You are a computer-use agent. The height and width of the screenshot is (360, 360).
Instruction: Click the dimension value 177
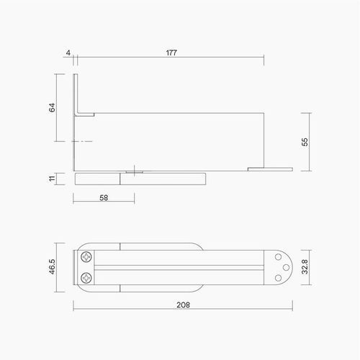pyautogui.click(x=171, y=53)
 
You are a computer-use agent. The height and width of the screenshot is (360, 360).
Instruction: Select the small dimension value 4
pyautogui.click(x=67, y=53)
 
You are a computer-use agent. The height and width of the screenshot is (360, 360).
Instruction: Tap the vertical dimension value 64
pyautogui.click(x=52, y=108)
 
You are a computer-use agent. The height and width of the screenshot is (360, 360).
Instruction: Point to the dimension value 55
pyautogui.click(x=305, y=142)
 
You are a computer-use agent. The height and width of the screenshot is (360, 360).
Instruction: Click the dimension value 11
pyautogui.click(x=52, y=178)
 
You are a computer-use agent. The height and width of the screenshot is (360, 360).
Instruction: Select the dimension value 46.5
pyautogui.click(x=52, y=268)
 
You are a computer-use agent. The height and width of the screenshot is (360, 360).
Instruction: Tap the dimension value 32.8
pyautogui.click(x=305, y=268)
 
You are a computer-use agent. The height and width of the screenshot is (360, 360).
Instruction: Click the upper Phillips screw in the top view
pyautogui.click(x=86, y=256)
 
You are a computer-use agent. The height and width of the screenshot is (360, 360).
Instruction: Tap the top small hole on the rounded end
pyautogui.click(x=279, y=257)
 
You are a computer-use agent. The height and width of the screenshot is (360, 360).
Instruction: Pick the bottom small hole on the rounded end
pyautogui.click(x=279, y=278)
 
